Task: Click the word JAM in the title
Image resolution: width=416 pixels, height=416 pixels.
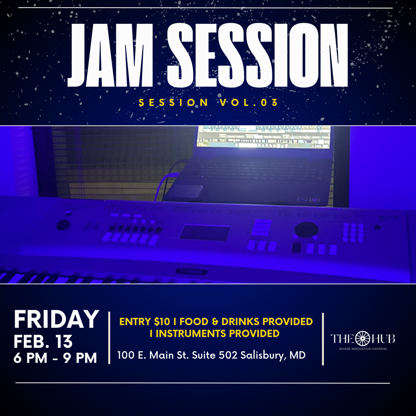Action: (x=112, y=56)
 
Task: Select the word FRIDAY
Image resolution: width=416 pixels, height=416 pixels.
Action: (x=56, y=319)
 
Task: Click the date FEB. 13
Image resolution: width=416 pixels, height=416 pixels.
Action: (x=43, y=341)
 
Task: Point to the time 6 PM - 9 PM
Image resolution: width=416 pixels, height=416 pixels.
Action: (x=55, y=358)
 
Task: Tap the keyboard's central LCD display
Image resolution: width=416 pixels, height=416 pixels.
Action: (x=205, y=233)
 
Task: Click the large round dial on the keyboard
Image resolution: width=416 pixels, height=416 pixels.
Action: (x=306, y=230)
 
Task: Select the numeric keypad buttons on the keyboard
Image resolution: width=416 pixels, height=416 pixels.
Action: (x=353, y=232)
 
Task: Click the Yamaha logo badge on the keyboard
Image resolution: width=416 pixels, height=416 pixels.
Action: (x=189, y=271)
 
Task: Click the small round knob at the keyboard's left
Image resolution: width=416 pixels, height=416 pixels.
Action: (x=64, y=225)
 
